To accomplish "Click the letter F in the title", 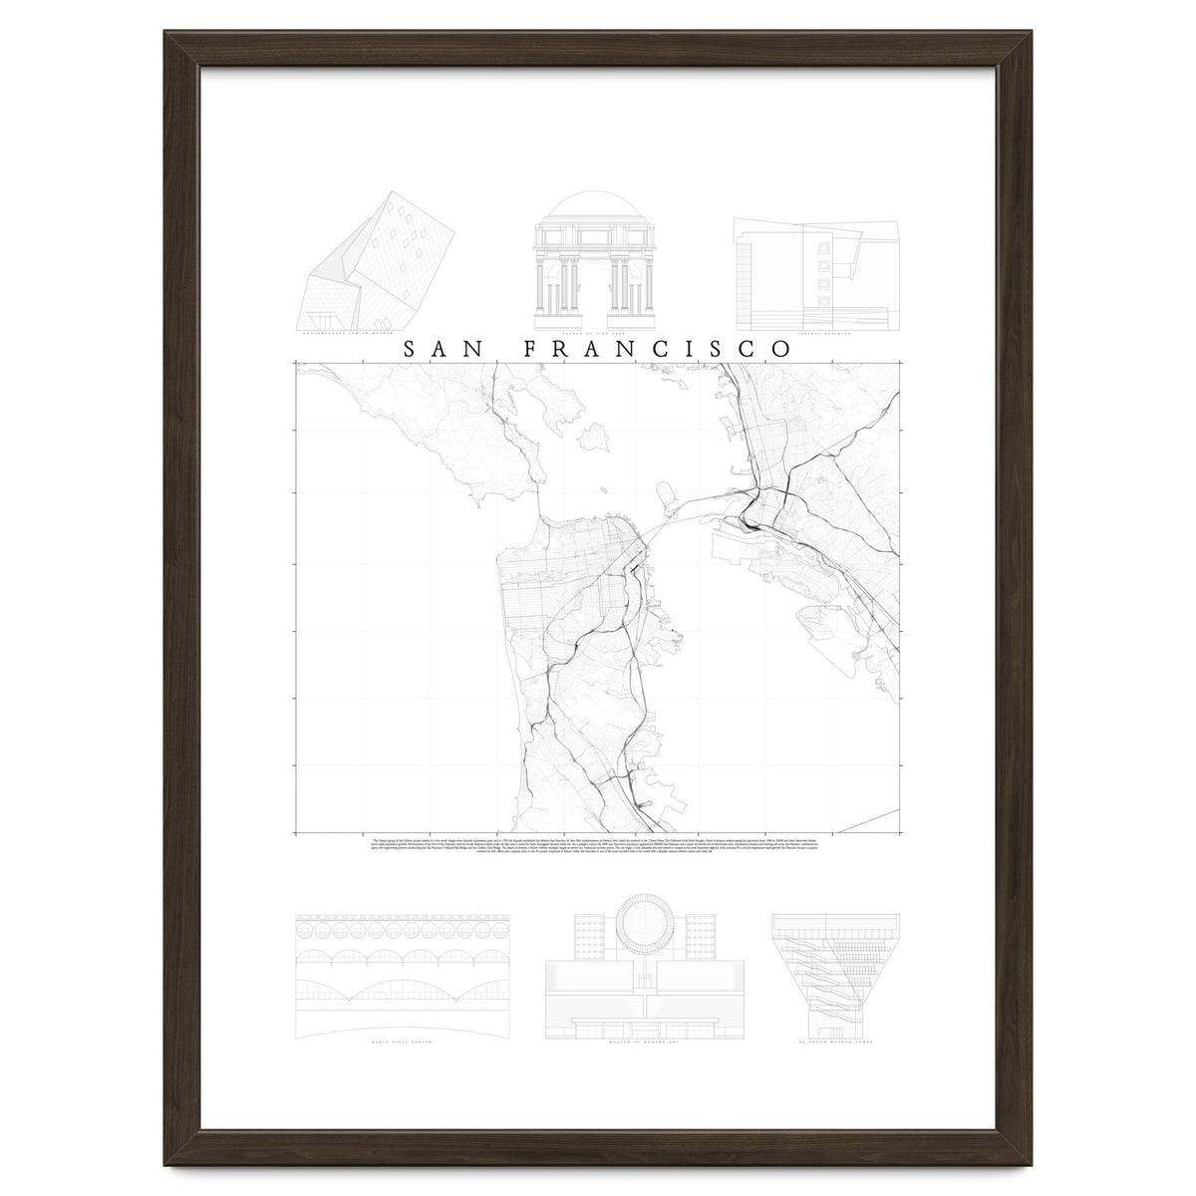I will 531,349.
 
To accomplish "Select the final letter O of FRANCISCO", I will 780,349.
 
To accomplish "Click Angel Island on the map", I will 599,437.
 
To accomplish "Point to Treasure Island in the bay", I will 667,490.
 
